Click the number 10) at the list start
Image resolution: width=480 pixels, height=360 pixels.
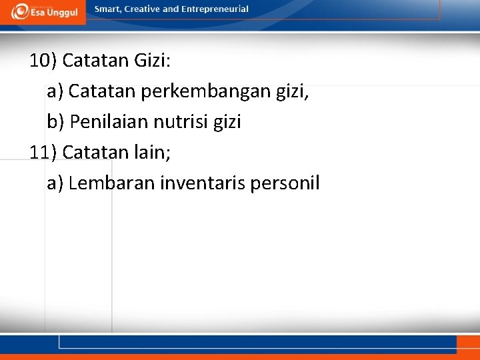[x=43, y=61]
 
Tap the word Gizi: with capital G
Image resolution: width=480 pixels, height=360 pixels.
[x=153, y=61]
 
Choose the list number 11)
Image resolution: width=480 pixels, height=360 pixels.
[x=43, y=152]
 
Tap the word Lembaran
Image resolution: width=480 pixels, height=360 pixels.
[x=111, y=183]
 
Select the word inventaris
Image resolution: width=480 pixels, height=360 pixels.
[x=203, y=183]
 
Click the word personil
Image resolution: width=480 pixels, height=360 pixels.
[x=285, y=183]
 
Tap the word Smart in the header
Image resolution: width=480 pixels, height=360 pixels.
[x=108, y=9]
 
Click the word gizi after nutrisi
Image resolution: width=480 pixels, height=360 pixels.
[x=226, y=122]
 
